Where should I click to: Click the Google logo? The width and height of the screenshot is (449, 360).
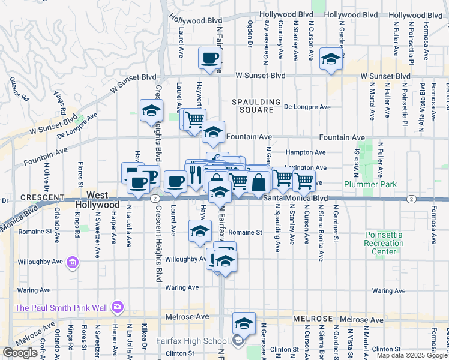(20, 353)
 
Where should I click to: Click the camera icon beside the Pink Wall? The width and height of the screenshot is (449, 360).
(117, 308)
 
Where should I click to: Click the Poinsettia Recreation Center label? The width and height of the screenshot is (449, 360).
(384, 247)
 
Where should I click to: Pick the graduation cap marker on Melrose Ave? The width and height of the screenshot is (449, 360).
(244, 323)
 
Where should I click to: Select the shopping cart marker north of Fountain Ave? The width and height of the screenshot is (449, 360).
(194, 120)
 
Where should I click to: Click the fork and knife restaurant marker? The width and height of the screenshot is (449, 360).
(195, 175)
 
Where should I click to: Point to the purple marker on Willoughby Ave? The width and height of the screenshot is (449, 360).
(73, 262)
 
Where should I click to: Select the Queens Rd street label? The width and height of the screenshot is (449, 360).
(20, 88)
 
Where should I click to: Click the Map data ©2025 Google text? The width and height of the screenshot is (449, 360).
(412, 355)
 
